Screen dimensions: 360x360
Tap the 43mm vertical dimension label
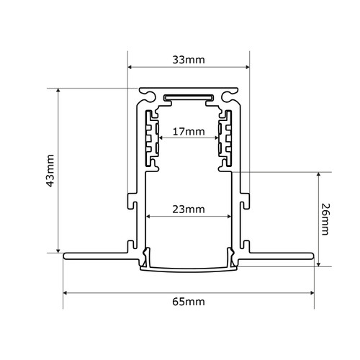49,171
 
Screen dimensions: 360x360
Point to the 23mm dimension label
189,210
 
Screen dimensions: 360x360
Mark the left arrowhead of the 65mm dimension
66,292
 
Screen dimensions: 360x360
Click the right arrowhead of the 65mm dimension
312,292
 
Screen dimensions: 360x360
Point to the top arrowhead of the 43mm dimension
58,91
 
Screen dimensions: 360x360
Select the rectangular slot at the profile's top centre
189,97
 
